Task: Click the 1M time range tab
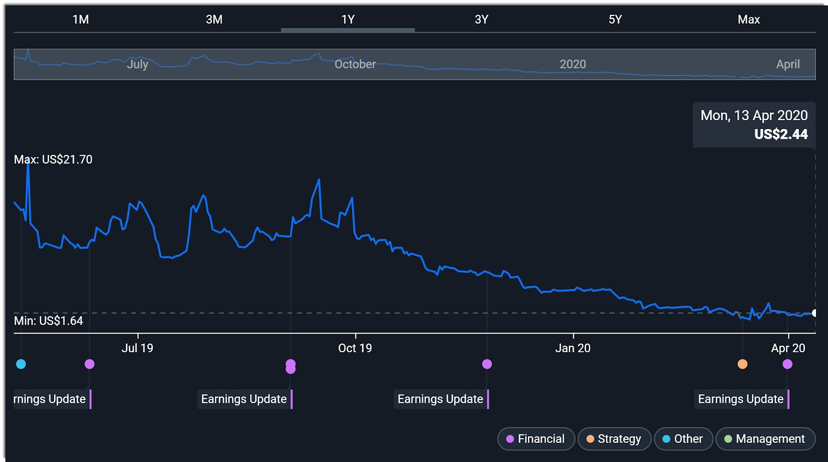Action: (x=81, y=20)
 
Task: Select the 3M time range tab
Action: (x=214, y=20)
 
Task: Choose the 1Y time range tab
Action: (x=348, y=20)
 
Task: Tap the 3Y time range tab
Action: (x=481, y=20)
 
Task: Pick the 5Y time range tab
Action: (x=615, y=20)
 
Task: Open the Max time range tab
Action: (x=748, y=20)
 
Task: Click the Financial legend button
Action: (x=536, y=439)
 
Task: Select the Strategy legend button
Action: (x=614, y=439)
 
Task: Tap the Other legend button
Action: (x=683, y=439)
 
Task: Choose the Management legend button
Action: (x=765, y=439)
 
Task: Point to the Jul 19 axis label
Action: (x=137, y=348)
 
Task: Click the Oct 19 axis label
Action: (x=355, y=348)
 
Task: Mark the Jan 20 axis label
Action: (x=573, y=348)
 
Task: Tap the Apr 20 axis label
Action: (x=788, y=348)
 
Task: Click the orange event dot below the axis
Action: (x=742, y=364)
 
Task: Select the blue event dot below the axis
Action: (x=21, y=364)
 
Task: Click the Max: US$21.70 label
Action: (x=53, y=160)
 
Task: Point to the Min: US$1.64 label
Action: (x=49, y=321)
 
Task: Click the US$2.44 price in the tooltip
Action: (x=780, y=135)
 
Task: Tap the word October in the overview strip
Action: (x=355, y=64)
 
